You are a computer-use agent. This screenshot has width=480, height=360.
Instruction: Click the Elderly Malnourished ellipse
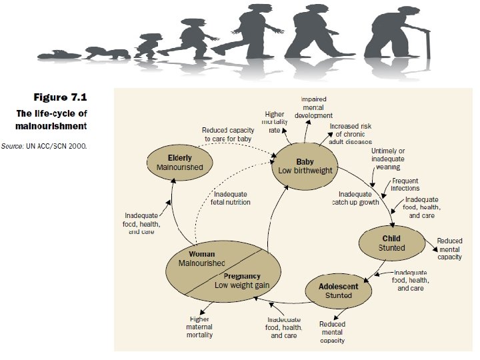tap(179, 162)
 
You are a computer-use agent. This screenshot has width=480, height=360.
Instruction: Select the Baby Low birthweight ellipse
tap(305, 166)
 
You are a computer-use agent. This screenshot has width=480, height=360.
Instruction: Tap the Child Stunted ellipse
tap(391, 243)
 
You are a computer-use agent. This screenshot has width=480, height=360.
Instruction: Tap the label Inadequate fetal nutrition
tap(231, 198)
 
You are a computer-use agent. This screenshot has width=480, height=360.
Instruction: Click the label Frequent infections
tap(405, 185)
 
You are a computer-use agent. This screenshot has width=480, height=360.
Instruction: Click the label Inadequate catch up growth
tap(356, 198)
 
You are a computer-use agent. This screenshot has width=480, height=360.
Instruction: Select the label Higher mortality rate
tap(275, 122)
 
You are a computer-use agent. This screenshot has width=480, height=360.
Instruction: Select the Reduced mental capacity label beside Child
tap(449, 249)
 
